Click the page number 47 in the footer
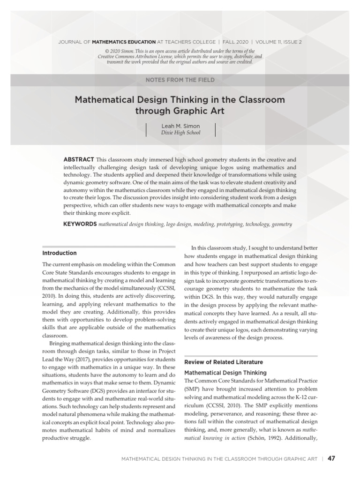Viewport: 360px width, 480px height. coord(332,458)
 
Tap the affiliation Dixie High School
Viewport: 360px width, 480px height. coord(180,133)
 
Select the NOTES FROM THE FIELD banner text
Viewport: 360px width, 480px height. coord(180,80)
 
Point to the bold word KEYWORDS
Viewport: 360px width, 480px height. coord(80,225)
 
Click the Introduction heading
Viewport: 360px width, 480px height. coord(60,253)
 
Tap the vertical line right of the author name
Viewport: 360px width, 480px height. coord(215,129)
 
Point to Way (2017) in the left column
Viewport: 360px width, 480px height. coord(66,359)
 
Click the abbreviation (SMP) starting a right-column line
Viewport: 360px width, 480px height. coord(193,390)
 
